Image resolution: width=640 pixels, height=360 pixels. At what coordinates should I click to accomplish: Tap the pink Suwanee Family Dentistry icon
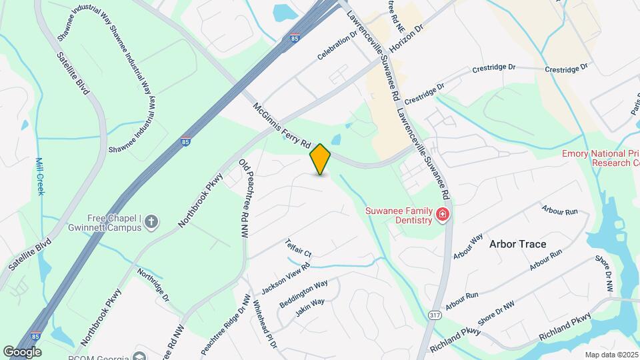pos(442,215)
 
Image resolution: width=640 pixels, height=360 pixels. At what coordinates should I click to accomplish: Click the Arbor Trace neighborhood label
pos(517,244)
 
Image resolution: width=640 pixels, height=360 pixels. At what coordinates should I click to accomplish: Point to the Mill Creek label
pos(39,176)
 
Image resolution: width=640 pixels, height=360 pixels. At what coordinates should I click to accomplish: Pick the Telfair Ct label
pos(298,248)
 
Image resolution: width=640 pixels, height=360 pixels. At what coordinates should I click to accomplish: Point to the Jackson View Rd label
pos(286,276)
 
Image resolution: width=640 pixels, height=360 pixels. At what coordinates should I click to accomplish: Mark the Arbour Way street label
pos(467,247)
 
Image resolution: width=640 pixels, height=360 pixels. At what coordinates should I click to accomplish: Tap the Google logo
pos(22,351)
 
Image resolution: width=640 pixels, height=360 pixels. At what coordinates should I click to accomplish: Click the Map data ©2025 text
pos(611,355)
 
